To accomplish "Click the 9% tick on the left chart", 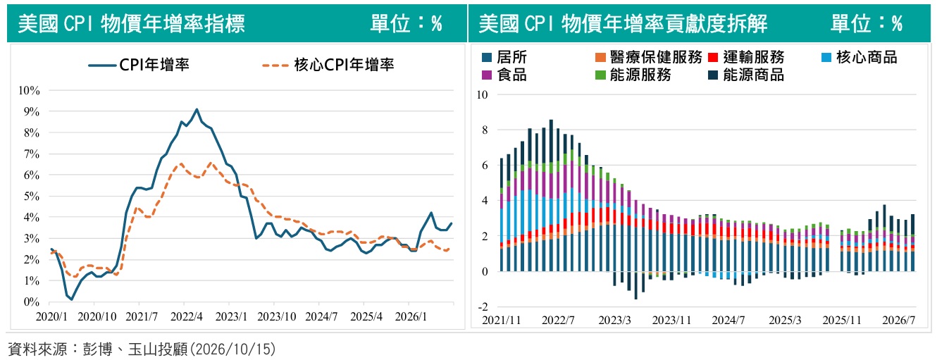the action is [32, 111].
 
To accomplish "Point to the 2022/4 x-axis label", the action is [186, 316].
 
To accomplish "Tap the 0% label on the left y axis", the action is [32, 302].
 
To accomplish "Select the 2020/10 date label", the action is [97, 316].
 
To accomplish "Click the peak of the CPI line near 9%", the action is [197, 109].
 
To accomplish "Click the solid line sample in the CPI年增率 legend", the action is [102, 66].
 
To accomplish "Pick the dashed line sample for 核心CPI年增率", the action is [275, 66].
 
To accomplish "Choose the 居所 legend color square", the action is [487, 57].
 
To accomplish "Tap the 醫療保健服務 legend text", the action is [656, 57].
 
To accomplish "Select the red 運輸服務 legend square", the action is [713, 57].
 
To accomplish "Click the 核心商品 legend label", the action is [867, 57].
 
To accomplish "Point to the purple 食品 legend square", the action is [487, 75].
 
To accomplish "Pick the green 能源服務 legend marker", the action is [600, 75].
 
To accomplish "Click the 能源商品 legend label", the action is [753, 75].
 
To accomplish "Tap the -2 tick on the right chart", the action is [483, 307].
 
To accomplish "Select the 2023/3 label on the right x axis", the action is [614, 321].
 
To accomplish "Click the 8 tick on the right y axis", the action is [485, 130].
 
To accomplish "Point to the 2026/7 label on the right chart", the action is [898, 321].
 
